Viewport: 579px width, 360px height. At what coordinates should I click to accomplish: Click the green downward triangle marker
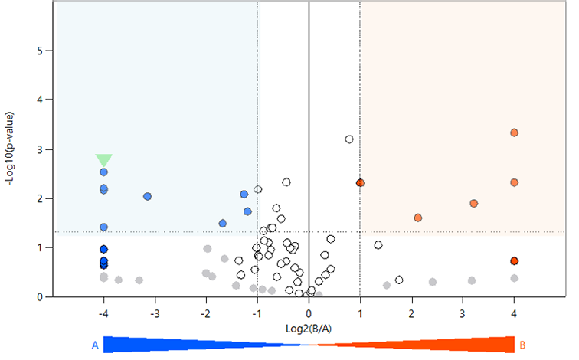pyautogui.click(x=104, y=159)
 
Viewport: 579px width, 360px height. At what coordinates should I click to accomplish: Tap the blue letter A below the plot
pyautogui.click(x=95, y=345)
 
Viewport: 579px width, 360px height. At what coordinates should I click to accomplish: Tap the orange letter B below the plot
pyautogui.click(x=523, y=345)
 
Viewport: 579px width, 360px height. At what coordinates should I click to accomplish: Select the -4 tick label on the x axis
pyautogui.click(x=103, y=313)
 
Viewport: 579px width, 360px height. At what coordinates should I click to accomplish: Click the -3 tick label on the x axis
pyautogui.click(x=155, y=313)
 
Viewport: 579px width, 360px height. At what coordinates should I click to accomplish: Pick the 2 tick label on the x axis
pyautogui.click(x=411, y=313)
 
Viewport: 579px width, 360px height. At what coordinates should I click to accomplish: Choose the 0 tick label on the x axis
pyautogui.click(x=309, y=313)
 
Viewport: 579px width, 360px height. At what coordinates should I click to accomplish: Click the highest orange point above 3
pyautogui.click(x=514, y=133)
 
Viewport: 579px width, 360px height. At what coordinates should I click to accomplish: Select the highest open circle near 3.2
pyautogui.click(x=349, y=139)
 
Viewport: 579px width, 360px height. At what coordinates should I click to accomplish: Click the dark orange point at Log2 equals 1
pyautogui.click(x=360, y=183)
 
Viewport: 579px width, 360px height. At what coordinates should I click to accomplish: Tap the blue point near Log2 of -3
pyautogui.click(x=147, y=196)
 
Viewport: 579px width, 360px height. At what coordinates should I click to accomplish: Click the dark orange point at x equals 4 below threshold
pyautogui.click(x=514, y=261)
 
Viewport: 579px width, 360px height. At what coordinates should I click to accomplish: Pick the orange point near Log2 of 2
pyautogui.click(x=418, y=218)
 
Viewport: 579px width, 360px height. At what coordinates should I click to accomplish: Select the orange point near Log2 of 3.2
pyautogui.click(x=473, y=204)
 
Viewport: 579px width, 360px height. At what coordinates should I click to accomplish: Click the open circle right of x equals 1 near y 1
pyautogui.click(x=378, y=245)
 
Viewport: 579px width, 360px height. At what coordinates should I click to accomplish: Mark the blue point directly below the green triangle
pyautogui.click(x=103, y=172)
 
